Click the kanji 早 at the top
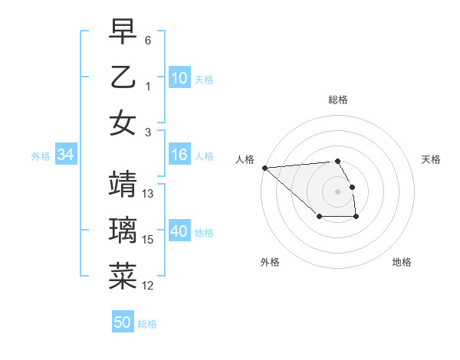tap(123, 33)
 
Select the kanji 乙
tap(123, 77)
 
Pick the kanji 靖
tap(123, 185)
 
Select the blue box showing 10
tap(179, 78)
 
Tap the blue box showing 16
tap(179, 155)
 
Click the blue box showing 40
tap(179, 232)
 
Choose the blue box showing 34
tap(66, 155)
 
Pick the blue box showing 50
tap(123, 322)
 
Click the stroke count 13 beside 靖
tap(149, 194)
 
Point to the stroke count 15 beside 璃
tap(149, 240)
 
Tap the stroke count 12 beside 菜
tap(149, 286)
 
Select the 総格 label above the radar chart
tap(338, 100)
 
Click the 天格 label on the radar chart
tap(432, 159)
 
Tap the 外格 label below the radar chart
tap(270, 262)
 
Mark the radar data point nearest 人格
tap(264, 168)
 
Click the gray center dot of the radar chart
tap(337, 191)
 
